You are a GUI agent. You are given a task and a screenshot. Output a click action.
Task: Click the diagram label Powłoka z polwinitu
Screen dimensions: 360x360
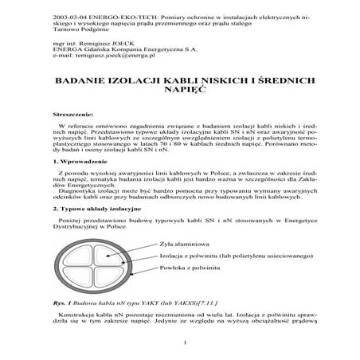189,268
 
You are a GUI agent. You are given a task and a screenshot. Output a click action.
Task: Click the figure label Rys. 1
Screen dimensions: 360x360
61,303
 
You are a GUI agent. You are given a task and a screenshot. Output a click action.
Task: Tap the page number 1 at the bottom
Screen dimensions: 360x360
183,343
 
